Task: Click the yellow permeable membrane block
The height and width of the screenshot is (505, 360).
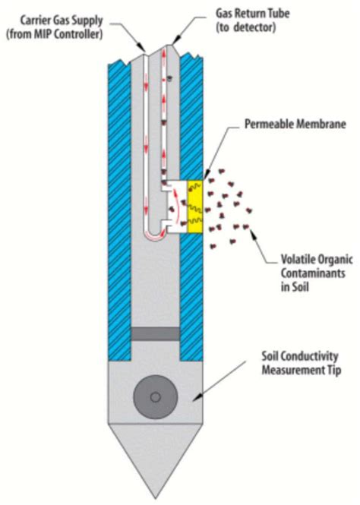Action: (x=195, y=207)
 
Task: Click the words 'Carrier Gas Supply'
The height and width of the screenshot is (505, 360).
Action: (x=62, y=21)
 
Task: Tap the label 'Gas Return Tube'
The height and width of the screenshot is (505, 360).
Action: (x=252, y=14)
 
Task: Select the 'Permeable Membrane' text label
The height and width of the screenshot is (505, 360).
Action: (x=295, y=124)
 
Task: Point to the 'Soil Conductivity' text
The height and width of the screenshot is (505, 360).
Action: (x=300, y=356)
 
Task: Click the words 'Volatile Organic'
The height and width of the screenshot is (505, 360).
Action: (x=317, y=259)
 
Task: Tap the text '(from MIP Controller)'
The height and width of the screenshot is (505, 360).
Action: (x=55, y=34)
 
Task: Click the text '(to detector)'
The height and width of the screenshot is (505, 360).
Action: (x=246, y=27)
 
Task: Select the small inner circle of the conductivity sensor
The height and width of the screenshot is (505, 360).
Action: (x=156, y=397)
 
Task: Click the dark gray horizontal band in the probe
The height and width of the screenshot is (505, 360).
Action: (x=156, y=334)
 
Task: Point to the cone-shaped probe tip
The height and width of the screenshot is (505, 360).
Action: (x=156, y=460)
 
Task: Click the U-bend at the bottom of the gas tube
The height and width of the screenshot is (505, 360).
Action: (x=155, y=235)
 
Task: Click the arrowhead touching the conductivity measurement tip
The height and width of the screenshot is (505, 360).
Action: (x=197, y=399)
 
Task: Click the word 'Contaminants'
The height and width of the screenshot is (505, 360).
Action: (x=313, y=273)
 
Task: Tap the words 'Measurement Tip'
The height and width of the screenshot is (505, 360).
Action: (x=301, y=370)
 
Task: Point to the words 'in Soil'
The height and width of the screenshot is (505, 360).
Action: (x=295, y=286)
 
